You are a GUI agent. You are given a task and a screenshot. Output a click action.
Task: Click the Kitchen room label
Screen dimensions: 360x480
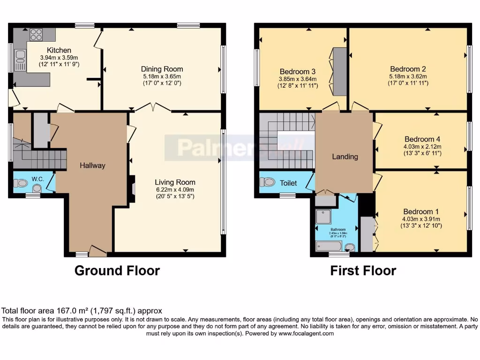click(x=59, y=50)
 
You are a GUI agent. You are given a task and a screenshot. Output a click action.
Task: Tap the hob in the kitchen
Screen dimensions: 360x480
click(x=36, y=34)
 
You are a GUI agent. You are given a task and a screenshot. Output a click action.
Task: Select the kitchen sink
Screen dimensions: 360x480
click(x=20, y=56)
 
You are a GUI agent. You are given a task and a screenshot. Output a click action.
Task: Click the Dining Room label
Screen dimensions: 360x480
click(x=163, y=69)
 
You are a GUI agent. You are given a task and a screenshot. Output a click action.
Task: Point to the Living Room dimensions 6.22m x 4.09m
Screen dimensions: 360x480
click(x=175, y=190)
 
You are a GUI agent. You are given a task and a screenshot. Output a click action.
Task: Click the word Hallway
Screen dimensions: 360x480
click(x=92, y=165)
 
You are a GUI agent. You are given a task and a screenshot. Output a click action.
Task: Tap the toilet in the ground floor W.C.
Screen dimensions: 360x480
click(x=21, y=183)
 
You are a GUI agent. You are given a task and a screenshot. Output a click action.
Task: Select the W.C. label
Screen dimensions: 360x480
click(x=37, y=178)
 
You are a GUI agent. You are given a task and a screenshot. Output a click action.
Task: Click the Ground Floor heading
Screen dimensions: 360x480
click(x=117, y=270)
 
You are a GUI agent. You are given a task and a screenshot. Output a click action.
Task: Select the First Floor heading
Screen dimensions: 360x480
click(x=363, y=270)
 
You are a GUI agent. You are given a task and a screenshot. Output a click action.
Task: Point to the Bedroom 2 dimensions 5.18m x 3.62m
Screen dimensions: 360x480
click(x=407, y=76)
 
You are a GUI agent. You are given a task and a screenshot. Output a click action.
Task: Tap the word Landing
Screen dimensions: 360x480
click(x=345, y=157)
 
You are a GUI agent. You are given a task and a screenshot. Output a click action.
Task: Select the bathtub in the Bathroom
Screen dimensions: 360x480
click(x=330, y=246)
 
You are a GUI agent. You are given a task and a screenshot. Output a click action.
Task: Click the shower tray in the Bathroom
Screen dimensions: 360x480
click(x=323, y=216)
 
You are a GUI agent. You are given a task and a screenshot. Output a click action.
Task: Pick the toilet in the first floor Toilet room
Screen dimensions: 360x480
click(x=269, y=182)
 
